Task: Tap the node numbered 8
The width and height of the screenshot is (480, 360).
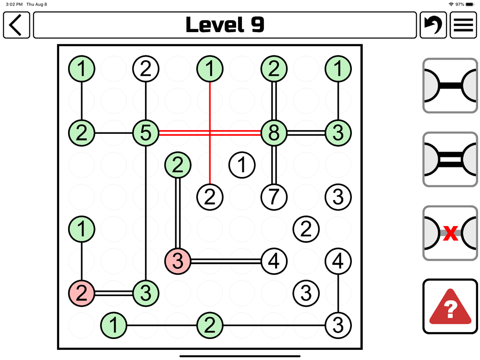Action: pos(274,132)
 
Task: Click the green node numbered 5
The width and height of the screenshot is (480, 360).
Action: pos(145,132)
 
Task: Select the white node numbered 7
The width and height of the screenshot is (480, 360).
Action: pos(274,196)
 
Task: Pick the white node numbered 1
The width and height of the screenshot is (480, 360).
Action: pos(242,165)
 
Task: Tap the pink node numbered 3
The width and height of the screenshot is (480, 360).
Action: pos(178,261)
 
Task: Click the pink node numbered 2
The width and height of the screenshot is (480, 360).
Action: pos(82,293)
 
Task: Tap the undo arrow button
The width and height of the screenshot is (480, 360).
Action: pos(433,25)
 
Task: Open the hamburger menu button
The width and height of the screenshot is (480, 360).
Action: pos(463,25)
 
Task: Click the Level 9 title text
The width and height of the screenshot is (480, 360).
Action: pos(225,25)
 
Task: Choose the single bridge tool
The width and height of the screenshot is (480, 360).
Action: pos(450,86)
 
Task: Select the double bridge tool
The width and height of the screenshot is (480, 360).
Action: pos(450,159)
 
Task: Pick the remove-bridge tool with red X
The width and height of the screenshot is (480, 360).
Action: pos(450,233)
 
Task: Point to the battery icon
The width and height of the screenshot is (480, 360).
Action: pos(470,4)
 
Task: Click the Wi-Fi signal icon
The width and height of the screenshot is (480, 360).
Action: pos(451,4)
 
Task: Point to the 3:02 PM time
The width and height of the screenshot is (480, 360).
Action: pos(14,4)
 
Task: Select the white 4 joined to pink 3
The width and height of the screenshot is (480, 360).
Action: pos(274,261)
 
